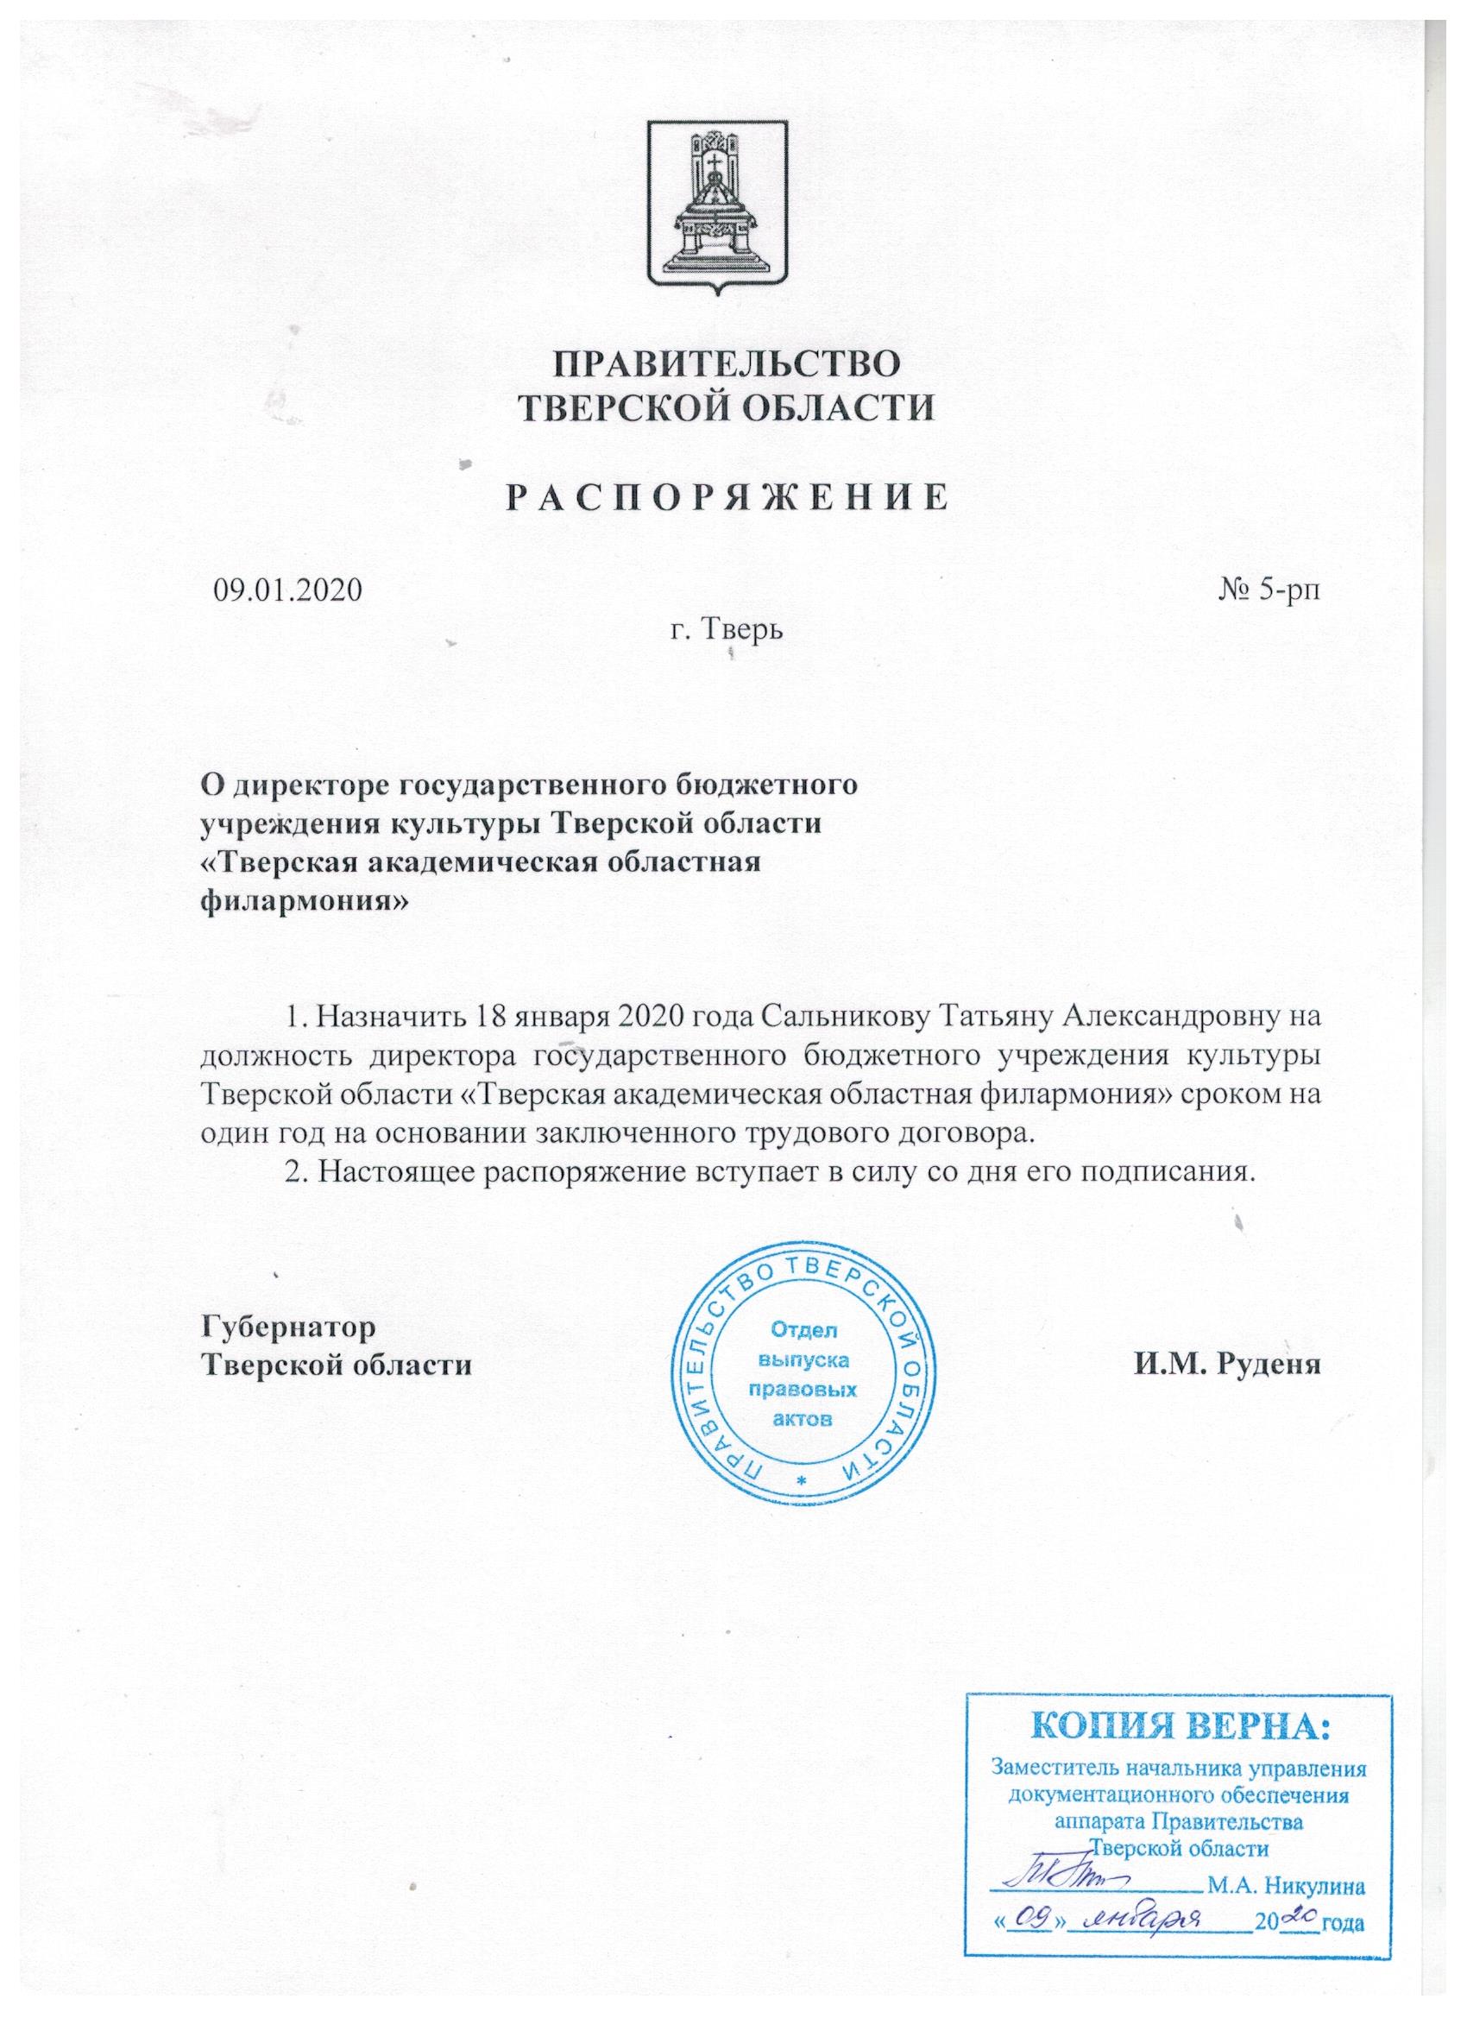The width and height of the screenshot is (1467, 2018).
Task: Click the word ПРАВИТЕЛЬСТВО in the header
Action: click(726, 366)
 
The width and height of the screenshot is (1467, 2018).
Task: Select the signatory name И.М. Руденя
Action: click(1226, 1365)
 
